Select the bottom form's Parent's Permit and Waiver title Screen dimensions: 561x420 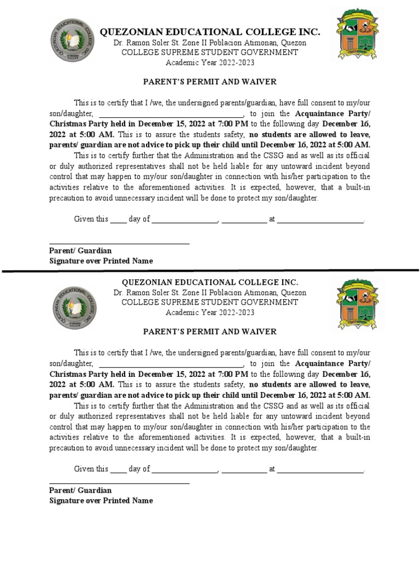click(x=209, y=331)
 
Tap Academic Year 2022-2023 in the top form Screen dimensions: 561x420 click(x=209, y=62)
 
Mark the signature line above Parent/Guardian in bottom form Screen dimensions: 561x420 click(x=119, y=483)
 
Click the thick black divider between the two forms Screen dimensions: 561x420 click(x=210, y=271)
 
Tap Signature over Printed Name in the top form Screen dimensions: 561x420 click(x=101, y=261)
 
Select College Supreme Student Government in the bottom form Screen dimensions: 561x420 click(x=209, y=302)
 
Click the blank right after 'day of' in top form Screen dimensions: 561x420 click(x=185, y=220)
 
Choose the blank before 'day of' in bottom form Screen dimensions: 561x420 click(x=119, y=470)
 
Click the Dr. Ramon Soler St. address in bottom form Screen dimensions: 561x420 click(x=209, y=293)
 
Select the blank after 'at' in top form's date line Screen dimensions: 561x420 click(x=320, y=220)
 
